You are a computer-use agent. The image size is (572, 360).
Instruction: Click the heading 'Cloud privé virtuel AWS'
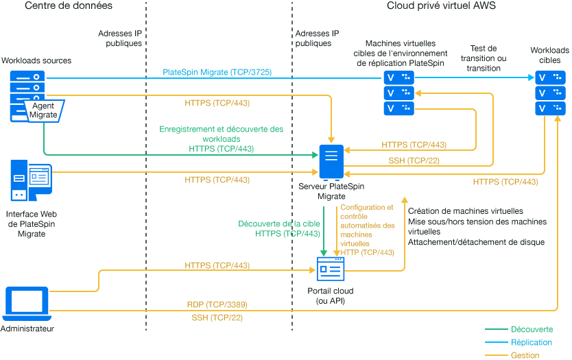tap(441, 6)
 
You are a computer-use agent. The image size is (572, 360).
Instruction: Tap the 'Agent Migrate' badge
tap(43, 110)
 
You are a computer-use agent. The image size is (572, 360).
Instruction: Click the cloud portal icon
tap(331, 269)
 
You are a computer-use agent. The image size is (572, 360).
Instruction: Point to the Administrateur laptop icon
tap(27, 304)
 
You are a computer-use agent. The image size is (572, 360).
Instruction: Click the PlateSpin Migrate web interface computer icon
tap(30, 180)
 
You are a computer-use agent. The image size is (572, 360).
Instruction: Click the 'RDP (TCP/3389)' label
tap(217, 304)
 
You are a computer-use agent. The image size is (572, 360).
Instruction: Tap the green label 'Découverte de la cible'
tap(278, 224)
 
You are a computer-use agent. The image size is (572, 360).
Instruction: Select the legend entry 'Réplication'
tap(532, 342)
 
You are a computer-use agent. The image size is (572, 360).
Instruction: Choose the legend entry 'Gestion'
tap(525, 355)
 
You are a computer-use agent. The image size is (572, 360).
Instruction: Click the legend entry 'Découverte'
tap(532, 329)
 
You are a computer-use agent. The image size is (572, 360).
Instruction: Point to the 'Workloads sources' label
tap(36, 61)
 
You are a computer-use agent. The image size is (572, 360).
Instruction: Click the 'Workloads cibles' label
tap(549, 56)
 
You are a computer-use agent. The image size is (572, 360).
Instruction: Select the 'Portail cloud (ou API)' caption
tap(331, 295)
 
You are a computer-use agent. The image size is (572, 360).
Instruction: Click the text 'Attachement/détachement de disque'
tap(476, 242)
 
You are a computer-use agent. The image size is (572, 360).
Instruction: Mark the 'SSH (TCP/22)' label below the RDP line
tap(217, 317)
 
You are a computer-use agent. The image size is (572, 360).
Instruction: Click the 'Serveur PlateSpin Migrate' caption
tap(332, 191)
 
